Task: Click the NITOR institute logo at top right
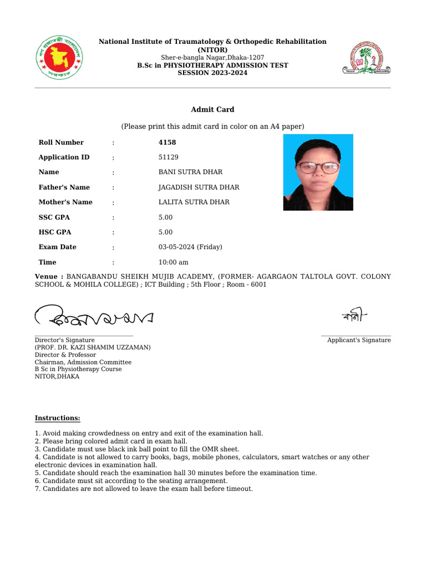pyautogui.click(x=366, y=58)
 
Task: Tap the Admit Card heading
pyautogui.click(x=212, y=110)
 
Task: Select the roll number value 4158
pyautogui.click(x=167, y=143)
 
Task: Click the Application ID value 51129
pyautogui.click(x=169, y=158)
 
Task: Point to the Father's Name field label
pyautogui.click(x=64, y=187)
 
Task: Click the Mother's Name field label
pyautogui.click(x=65, y=202)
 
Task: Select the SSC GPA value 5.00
pyautogui.click(x=165, y=217)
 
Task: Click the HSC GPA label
pyautogui.click(x=54, y=232)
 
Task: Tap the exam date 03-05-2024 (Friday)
pyautogui.click(x=190, y=247)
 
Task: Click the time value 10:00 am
pyautogui.click(x=173, y=262)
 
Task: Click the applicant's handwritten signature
pyautogui.click(x=354, y=316)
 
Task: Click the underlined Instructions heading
pyautogui.click(x=57, y=418)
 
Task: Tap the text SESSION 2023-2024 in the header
pyautogui.click(x=212, y=73)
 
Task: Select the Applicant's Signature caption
pyautogui.click(x=358, y=340)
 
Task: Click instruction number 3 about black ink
pyautogui.click(x=137, y=449)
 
